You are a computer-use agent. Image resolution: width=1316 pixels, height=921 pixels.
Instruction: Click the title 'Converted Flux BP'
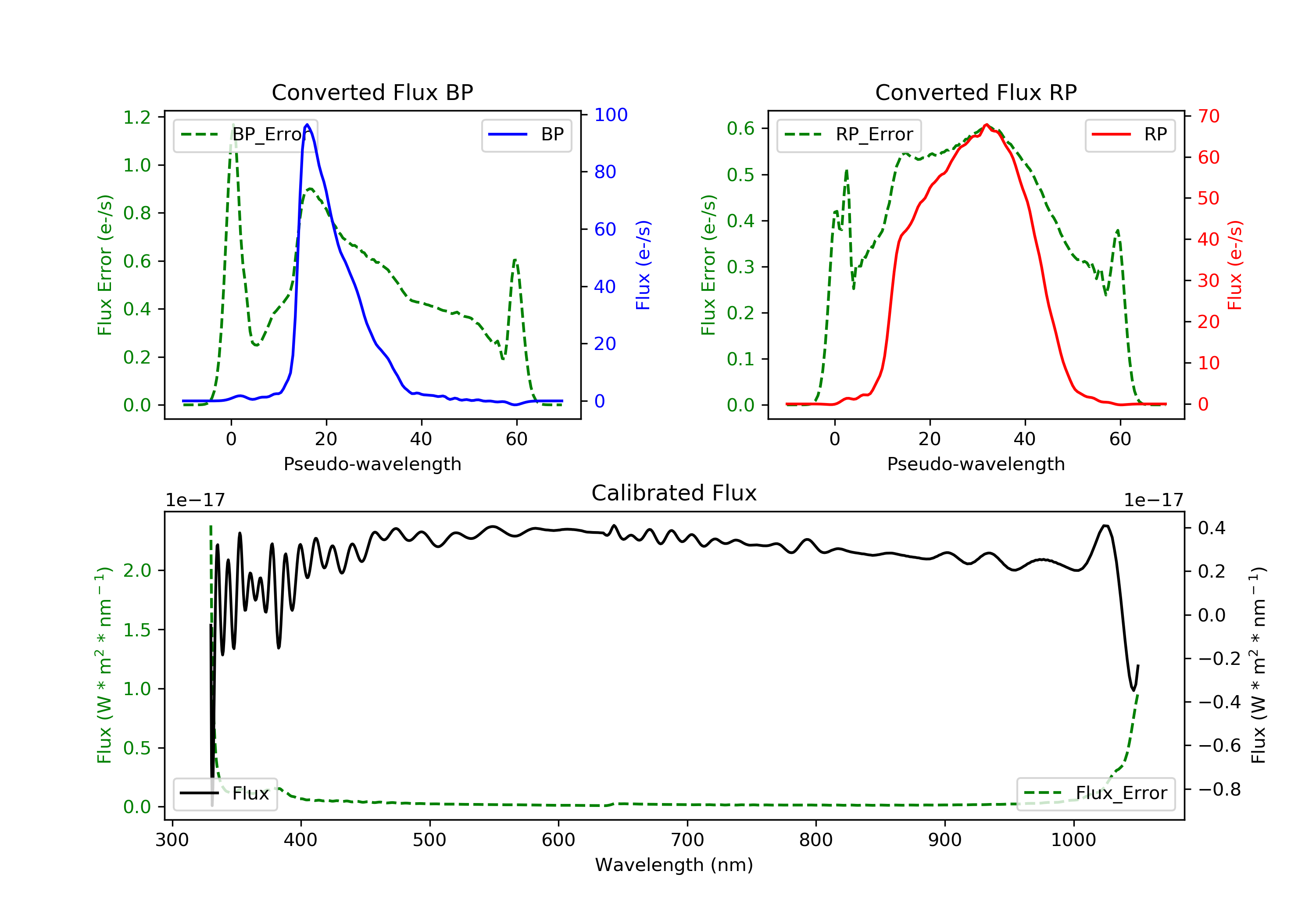(372, 92)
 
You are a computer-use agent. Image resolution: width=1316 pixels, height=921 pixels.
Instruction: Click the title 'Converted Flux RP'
(976, 92)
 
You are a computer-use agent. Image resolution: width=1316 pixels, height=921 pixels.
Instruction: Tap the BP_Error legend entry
(245, 135)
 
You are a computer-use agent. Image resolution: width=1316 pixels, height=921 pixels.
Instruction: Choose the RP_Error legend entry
(849, 135)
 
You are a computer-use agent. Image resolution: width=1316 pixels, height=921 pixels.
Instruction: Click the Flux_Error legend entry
(1095, 793)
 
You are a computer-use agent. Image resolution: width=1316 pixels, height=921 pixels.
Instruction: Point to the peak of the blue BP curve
(307, 125)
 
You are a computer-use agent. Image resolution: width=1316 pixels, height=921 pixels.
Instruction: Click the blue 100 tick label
(611, 114)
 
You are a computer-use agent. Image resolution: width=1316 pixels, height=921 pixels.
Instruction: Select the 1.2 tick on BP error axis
(137, 118)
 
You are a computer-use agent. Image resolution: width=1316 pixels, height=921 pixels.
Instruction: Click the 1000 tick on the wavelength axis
(1073, 840)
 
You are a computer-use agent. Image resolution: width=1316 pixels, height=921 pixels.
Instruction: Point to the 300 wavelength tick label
(172, 840)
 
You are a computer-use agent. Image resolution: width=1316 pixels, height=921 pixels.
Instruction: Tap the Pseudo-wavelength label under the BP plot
(372, 464)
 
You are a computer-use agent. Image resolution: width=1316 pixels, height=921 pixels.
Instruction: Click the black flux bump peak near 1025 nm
(1105, 525)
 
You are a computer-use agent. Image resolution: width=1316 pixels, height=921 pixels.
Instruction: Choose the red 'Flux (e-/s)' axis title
(1234, 265)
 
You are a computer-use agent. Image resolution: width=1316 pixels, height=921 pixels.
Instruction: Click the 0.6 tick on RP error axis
(740, 129)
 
